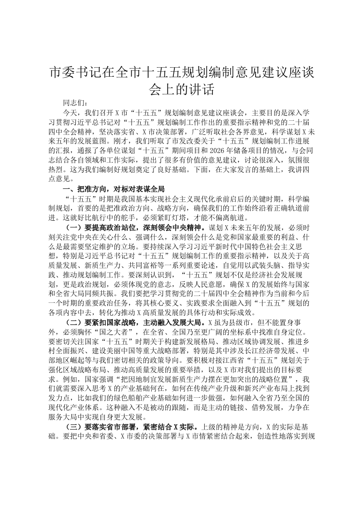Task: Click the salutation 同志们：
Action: tap(75, 104)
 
